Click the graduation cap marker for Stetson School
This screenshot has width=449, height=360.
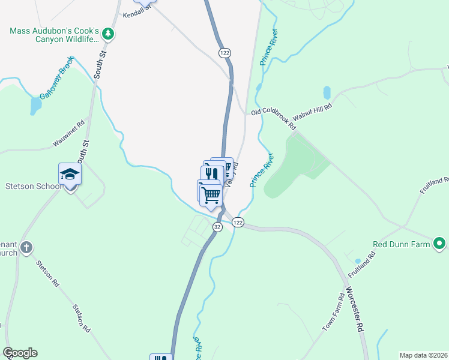coord(70,174)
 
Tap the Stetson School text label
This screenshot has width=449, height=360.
coord(34,186)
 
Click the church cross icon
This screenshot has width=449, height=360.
coord(26,247)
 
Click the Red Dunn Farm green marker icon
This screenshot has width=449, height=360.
coord(439,244)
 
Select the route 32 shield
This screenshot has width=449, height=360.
coord(217,226)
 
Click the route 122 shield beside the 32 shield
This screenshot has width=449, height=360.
coord(238,223)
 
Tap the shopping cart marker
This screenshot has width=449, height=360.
coord(211,194)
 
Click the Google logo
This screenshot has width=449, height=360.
coord(20,353)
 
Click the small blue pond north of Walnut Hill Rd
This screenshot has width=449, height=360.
coord(327,92)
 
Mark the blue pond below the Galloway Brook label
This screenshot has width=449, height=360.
coord(36,106)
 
